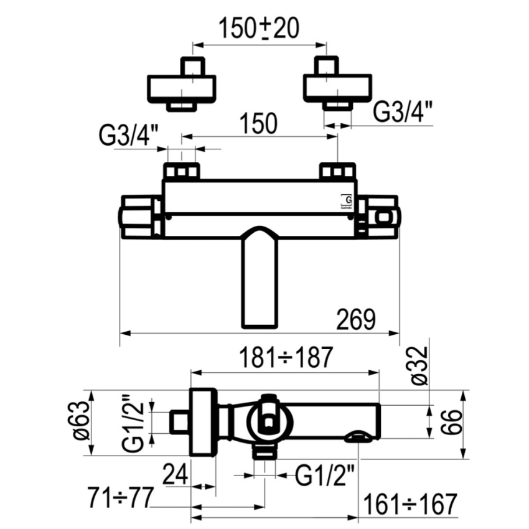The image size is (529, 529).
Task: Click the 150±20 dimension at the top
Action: [x=260, y=28]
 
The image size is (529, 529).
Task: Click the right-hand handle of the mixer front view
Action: [x=379, y=217]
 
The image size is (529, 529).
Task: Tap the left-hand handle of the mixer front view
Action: [x=141, y=217]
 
